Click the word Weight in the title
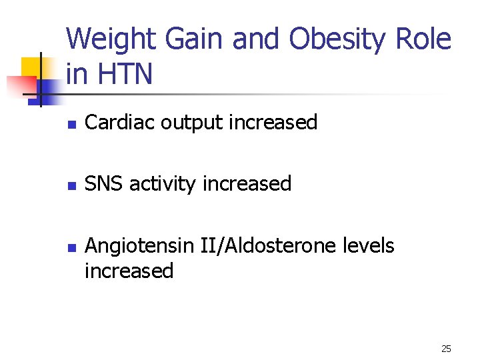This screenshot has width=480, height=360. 107,40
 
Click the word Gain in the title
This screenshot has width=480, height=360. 192,40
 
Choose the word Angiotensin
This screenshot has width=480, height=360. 140,246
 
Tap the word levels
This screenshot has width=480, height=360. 369,245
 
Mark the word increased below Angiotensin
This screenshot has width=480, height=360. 129,271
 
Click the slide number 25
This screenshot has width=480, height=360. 447,349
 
